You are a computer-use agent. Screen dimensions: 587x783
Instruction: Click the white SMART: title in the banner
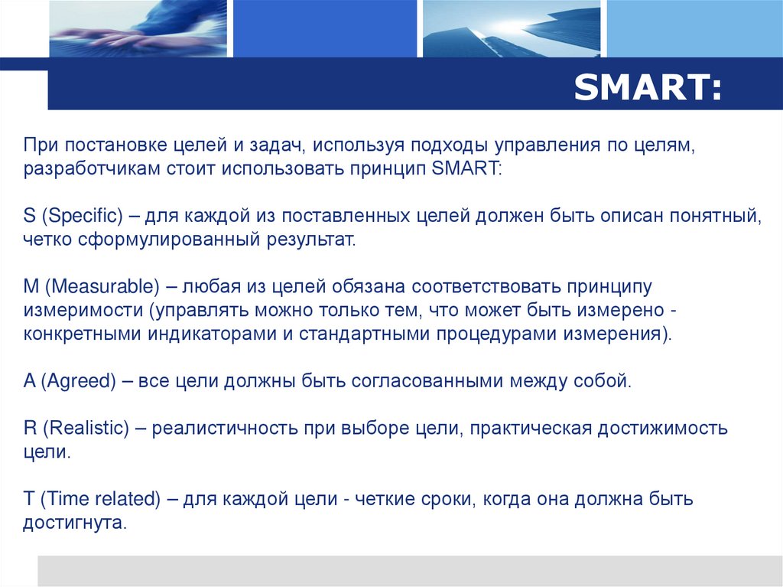pos(647,88)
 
